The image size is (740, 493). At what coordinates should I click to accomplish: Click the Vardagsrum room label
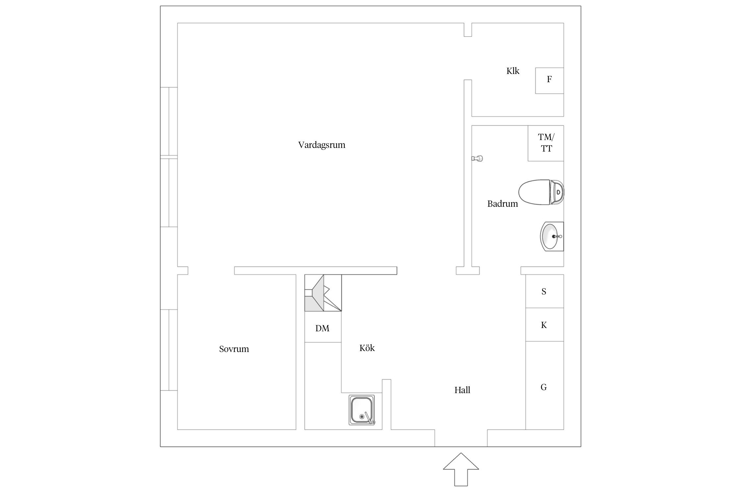(321, 145)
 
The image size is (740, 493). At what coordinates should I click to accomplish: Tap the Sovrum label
(234, 349)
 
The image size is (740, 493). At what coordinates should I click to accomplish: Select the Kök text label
(367, 348)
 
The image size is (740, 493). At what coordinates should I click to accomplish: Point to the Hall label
(462, 390)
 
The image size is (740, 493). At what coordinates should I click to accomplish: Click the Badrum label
(502, 204)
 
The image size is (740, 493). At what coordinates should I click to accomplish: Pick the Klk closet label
(512, 71)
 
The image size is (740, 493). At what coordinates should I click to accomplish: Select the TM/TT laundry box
(546, 143)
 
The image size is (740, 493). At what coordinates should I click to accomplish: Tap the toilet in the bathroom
(541, 193)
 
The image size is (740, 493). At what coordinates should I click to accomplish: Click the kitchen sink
(361, 410)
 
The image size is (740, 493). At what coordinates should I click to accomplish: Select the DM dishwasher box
(322, 328)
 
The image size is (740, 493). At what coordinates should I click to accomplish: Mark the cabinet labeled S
(544, 291)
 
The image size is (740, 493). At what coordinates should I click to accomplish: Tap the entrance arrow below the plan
(461, 473)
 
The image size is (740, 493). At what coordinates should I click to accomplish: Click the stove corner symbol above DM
(323, 293)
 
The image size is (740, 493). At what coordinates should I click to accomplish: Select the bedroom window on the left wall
(169, 350)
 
